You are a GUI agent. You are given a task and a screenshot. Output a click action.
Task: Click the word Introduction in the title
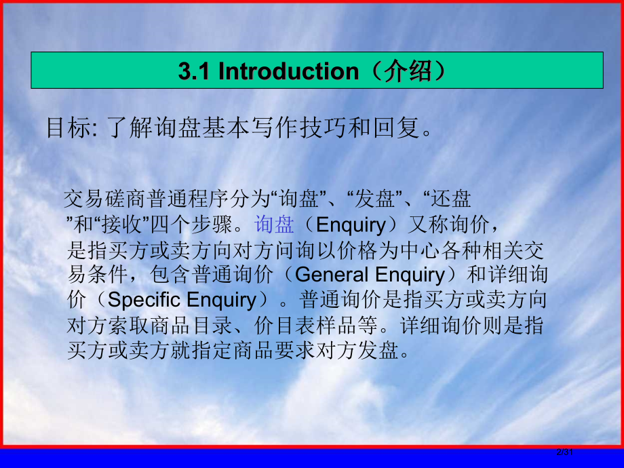(288, 71)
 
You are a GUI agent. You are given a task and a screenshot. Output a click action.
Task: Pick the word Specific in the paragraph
(144, 300)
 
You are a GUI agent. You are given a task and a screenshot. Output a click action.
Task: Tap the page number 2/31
(565, 452)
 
